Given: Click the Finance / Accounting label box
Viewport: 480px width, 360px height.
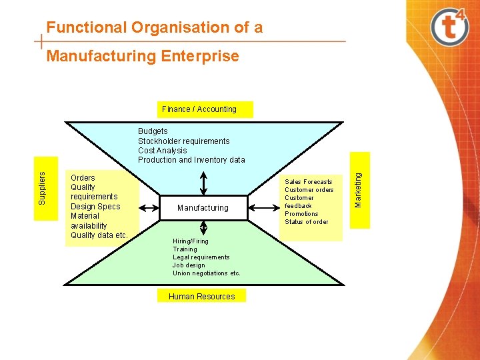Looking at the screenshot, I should coord(199,109).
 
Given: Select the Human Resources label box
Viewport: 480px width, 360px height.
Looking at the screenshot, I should coord(201,296).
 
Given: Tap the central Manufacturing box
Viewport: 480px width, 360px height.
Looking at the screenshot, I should coord(203,208).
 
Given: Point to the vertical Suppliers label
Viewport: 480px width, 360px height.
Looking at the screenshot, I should coord(42,187).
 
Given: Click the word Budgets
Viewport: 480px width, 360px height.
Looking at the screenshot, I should coord(153,131).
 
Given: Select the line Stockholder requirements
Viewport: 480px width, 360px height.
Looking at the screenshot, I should coord(183,141).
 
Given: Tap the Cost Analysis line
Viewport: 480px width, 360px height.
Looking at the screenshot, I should coord(162,151).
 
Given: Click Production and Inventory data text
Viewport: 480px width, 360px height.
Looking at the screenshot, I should coord(191,160).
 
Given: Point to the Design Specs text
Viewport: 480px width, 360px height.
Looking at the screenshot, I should coord(95,207).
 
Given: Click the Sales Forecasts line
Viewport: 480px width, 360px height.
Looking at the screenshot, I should coord(308,181).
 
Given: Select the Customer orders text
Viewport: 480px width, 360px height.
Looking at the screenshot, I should coord(309,190).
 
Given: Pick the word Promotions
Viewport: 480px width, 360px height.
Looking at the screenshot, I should coord(301,214).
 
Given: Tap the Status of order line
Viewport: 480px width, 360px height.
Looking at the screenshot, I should coord(306,222).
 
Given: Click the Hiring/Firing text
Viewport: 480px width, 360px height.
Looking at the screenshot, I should coord(190,241).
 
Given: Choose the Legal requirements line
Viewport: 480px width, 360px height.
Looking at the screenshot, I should coord(201,257).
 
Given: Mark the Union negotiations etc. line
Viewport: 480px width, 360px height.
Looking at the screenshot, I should coord(206,273).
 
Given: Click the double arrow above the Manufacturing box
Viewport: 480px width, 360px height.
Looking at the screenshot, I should coord(203,182).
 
